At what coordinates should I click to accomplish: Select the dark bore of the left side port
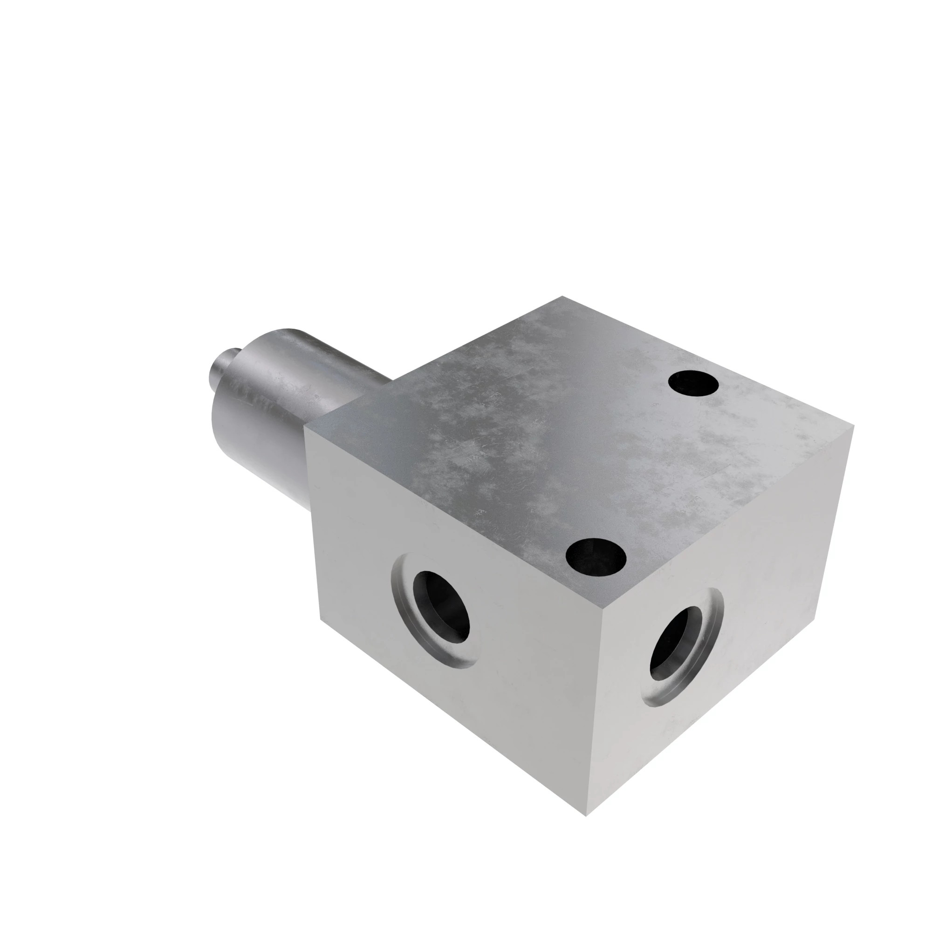click(x=441, y=606)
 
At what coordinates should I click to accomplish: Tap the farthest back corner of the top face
click(x=562, y=296)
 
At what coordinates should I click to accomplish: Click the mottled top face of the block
click(x=555, y=434)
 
